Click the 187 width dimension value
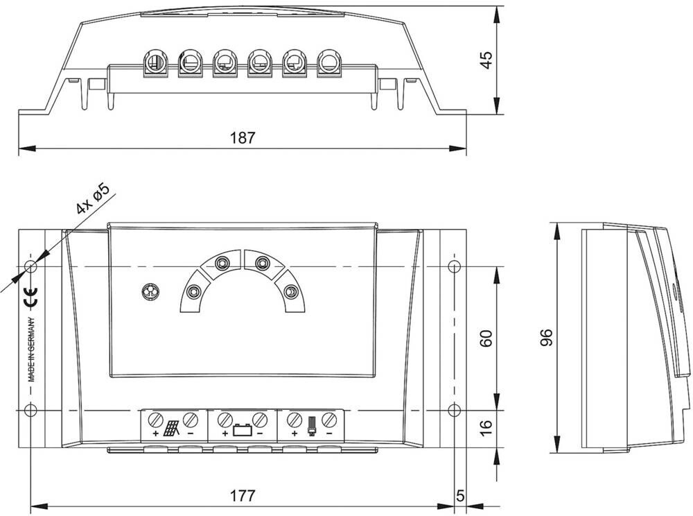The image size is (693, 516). pos(243,138)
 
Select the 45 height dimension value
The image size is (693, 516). pos(486,60)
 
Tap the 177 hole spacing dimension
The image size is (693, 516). pos(243,495)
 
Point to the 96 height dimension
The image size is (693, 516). pos(547,337)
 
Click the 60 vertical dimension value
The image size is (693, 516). pos(486,338)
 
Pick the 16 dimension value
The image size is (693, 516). pos(486,424)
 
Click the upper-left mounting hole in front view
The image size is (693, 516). pos(30,266)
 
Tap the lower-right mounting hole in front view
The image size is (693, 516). pos(454,409)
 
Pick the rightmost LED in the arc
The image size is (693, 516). pos(292,293)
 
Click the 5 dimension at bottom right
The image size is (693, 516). pos(459,495)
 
